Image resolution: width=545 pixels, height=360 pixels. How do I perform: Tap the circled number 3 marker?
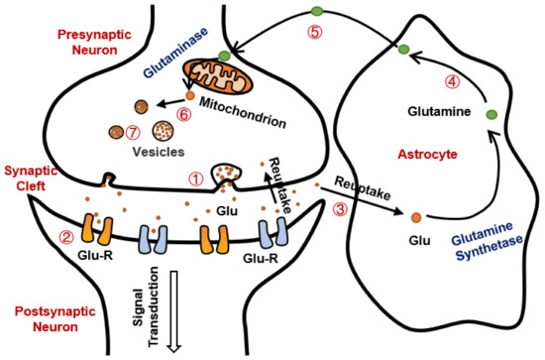[339, 209]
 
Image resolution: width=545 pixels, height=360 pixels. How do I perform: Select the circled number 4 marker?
[450, 80]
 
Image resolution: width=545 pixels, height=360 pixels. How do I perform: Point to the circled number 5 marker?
[315, 31]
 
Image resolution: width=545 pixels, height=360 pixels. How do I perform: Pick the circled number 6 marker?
[183, 114]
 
